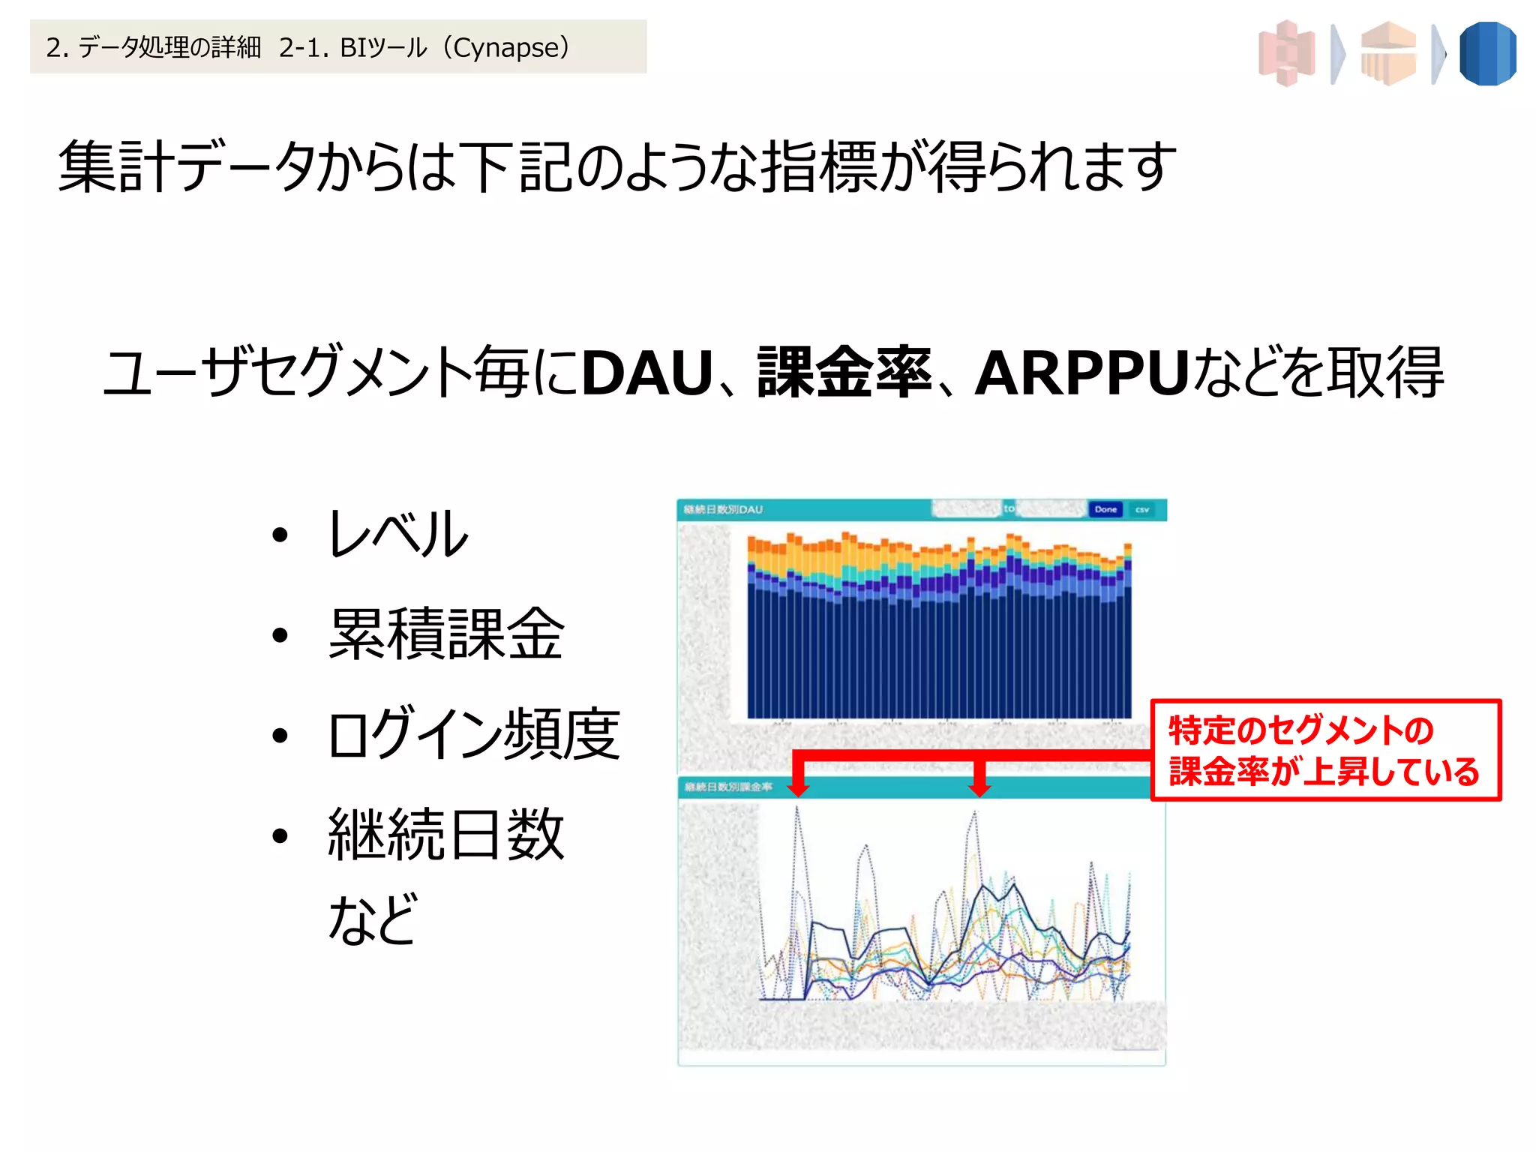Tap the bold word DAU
(646, 373)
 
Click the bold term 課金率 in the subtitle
(844, 373)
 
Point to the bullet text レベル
(398, 533)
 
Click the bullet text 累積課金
(445, 634)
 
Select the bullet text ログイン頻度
(474, 734)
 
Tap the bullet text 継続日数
(445, 834)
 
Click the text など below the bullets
(373, 918)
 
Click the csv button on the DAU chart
(1141, 509)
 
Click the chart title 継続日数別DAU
(722, 509)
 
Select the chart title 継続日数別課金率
(727, 787)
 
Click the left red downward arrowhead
(799, 789)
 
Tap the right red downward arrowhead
(979, 789)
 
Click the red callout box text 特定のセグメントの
(1300, 730)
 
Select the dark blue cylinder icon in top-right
(1488, 54)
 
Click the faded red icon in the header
(1287, 54)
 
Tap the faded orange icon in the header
(1388, 54)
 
